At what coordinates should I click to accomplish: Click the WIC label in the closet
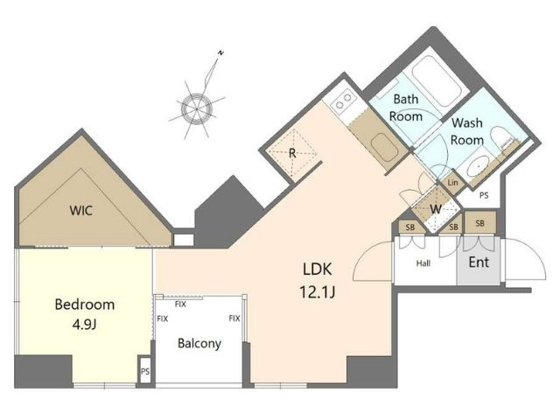(x=81, y=210)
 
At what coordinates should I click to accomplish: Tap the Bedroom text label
(x=85, y=304)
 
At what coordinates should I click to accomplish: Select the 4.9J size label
(x=85, y=325)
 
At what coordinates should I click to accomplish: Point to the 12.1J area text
(x=317, y=292)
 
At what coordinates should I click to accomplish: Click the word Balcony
(x=199, y=343)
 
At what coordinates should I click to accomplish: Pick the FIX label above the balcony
(x=180, y=304)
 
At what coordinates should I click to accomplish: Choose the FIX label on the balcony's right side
(x=234, y=318)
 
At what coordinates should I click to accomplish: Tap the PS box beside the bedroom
(x=145, y=371)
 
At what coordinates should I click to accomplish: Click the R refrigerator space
(x=292, y=153)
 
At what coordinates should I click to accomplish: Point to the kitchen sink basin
(x=384, y=149)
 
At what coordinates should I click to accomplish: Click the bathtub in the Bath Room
(x=437, y=82)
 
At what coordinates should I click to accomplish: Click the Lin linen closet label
(x=452, y=183)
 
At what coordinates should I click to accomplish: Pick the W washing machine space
(x=436, y=209)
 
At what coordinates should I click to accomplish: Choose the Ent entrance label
(x=479, y=262)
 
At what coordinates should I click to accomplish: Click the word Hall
(x=423, y=263)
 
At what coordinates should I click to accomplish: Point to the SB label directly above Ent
(x=480, y=224)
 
